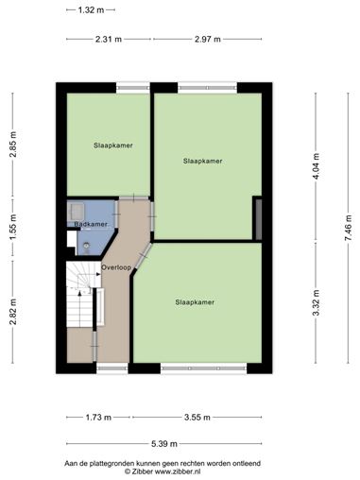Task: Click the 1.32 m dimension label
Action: point(91,10)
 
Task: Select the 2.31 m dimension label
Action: point(109,40)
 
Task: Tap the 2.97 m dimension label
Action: point(208,40)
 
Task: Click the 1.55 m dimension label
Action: point(13,227)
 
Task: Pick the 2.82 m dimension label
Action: point(13,312)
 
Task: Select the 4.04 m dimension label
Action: point(317,166)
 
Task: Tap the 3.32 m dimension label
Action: point(317,302)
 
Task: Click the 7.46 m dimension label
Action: point(349,228)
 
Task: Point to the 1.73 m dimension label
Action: point(98,418)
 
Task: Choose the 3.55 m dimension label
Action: point(197,418)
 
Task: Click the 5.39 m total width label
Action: point(164,444)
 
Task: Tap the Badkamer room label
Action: point(91,224)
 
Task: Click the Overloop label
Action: point(116,267)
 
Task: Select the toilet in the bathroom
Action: point(87,247)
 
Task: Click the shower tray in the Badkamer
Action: point(76,211)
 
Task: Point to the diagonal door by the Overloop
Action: point(143,257)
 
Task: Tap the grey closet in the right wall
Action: point(258,218)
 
